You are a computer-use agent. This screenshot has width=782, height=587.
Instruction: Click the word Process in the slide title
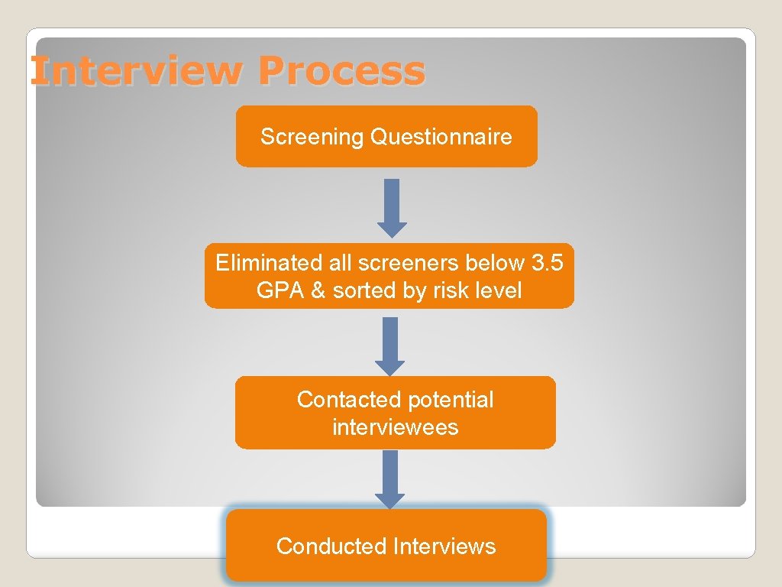(341, 71)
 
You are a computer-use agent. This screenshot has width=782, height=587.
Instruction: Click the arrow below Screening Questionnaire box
(392, 207)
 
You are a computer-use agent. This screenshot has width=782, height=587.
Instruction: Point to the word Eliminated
(258, 264)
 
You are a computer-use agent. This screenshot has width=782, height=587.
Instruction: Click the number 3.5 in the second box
(548, 264)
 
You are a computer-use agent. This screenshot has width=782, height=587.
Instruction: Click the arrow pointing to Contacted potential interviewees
(390, 345)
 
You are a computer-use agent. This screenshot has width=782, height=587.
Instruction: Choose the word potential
(451, 400)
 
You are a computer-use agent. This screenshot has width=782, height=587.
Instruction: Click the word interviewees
(395, 427)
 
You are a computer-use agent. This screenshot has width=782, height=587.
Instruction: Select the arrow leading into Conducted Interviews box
(390, 478)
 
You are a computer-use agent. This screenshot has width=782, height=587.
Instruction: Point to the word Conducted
(331, 546)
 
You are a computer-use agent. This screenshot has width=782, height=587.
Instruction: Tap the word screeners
(401, 264)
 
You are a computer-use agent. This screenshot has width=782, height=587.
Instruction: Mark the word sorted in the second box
(363, 290)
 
